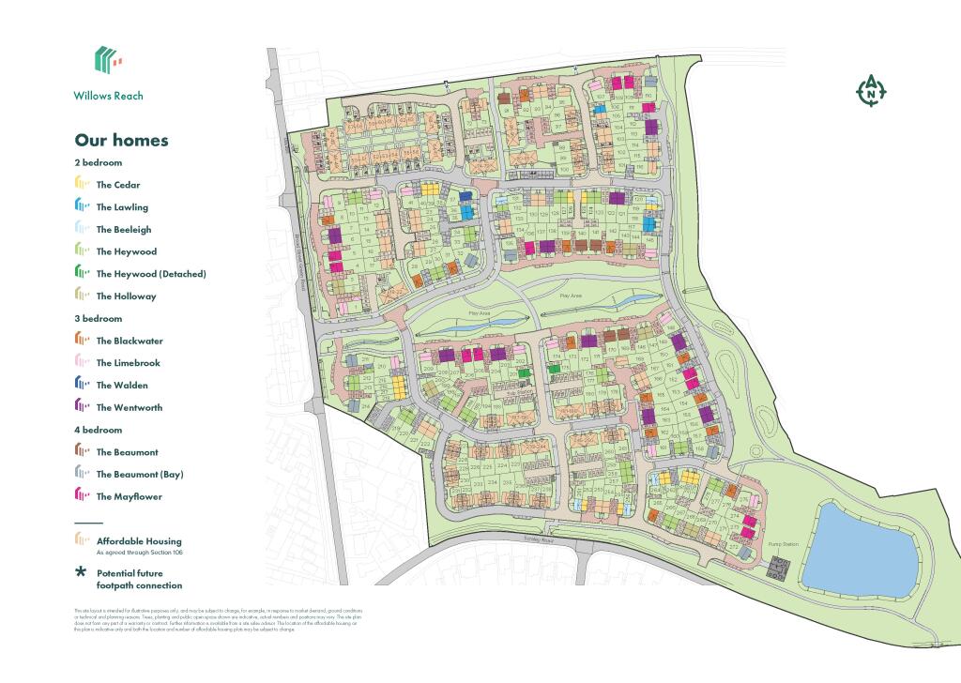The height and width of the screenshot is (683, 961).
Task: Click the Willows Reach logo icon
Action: click(108, 60)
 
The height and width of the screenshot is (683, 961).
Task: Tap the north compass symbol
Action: click(872, 91)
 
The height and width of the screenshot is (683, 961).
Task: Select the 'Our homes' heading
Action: click(121, 141)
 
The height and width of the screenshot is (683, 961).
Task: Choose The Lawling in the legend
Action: click(121, 207)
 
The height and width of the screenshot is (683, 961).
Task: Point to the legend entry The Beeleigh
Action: click(123, 230)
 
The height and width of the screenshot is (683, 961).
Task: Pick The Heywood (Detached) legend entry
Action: click(150, 274)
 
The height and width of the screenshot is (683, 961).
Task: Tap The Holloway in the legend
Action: click(126, 296)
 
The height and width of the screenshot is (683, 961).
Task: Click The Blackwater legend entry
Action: click(129, 341)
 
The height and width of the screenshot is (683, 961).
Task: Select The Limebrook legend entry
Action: click(128, 363)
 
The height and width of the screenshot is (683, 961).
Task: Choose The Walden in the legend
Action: click(121, 386)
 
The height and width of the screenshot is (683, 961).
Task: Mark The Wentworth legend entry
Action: click(129, 408)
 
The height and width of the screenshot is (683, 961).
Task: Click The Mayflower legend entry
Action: click(129, 497)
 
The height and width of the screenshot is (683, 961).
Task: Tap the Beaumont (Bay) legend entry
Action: click(140, 475)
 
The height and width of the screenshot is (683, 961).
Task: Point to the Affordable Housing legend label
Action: click(138, 541)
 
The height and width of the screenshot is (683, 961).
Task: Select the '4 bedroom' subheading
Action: click(98, 430)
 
